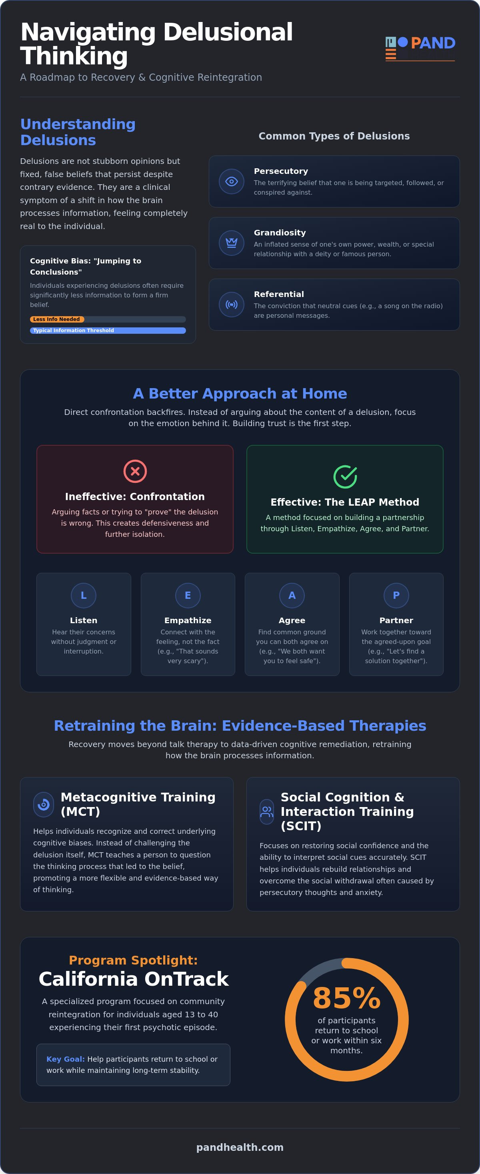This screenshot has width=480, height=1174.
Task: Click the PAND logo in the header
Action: [420, 48]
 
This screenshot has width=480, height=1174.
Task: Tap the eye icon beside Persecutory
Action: [232, 181]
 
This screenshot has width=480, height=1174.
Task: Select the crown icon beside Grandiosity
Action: [232, 243]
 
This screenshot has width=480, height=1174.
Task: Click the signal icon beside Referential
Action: [232, 305]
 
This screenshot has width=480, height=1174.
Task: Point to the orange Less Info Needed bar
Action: [57, 319]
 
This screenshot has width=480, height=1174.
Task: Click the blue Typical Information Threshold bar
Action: [108, 331]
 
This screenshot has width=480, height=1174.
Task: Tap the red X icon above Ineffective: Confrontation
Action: [135, 471]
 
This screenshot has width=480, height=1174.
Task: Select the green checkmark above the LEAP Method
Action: [345, 477]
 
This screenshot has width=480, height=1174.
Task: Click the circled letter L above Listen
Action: [84, 595]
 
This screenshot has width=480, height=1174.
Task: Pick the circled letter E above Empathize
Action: [188, 595]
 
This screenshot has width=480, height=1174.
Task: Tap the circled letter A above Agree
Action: [292, 595]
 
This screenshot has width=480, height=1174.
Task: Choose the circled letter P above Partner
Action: [396, 595]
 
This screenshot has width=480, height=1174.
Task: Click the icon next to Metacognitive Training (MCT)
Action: [44, 804]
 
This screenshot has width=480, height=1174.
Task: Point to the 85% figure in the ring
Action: [346, 998]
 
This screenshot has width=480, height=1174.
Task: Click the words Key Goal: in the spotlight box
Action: [66, 1059]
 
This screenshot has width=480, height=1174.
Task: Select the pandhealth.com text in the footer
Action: [240, 1148]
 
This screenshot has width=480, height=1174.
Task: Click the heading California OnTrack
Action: [134, 979]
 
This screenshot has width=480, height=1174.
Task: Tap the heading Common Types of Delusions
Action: [334, 136]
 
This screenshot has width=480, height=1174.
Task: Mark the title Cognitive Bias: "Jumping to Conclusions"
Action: [86, 266]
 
